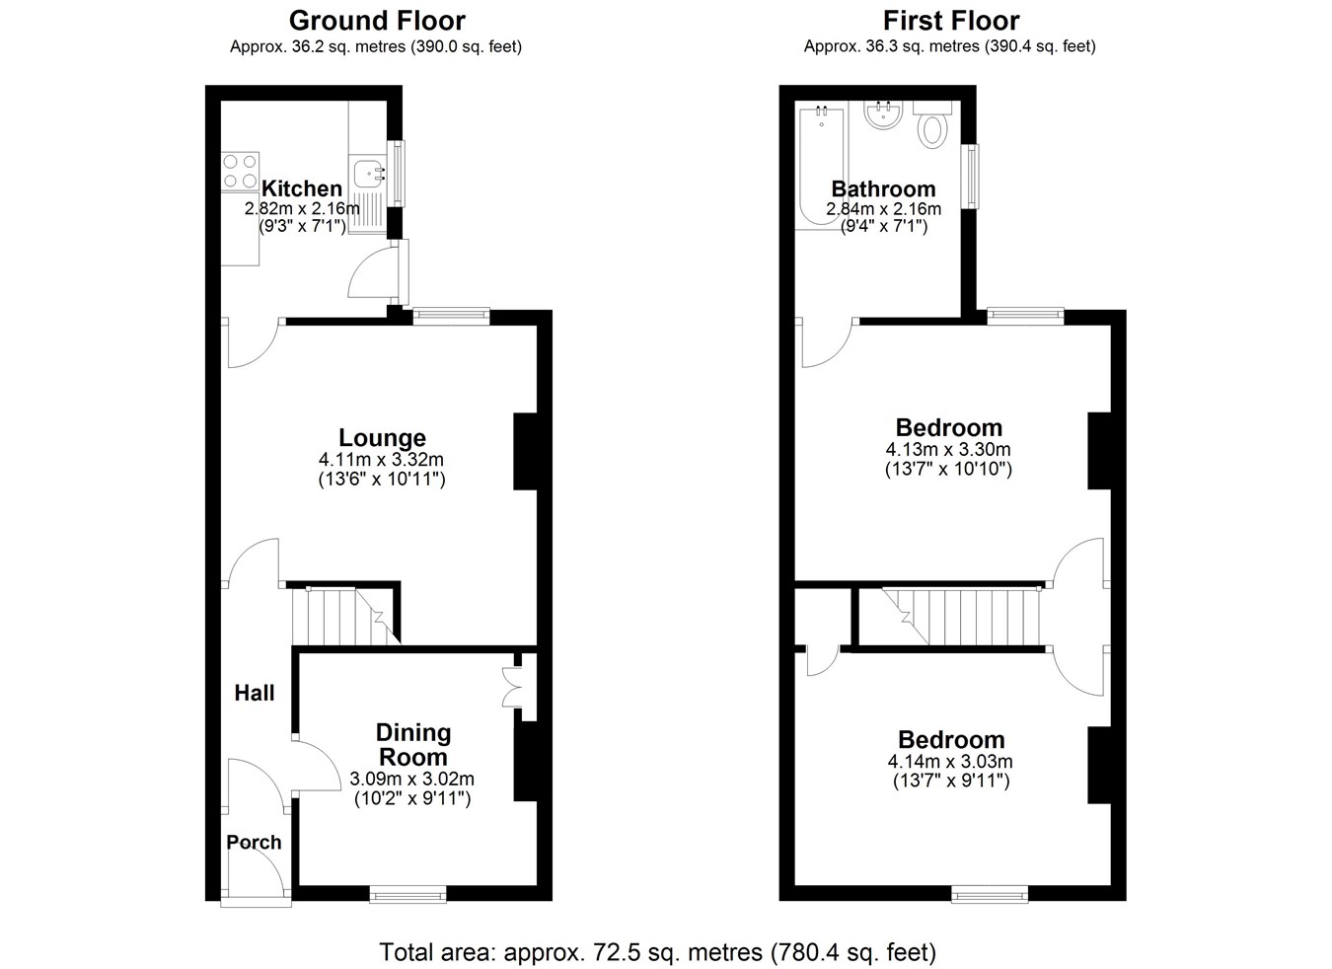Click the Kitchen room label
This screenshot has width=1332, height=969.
[302, 188]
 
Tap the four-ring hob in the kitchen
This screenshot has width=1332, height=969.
[240, 172]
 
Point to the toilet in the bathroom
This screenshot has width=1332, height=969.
[931, 125]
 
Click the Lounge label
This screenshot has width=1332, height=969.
[382, 438]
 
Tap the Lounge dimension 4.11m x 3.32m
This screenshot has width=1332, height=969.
[381, 459]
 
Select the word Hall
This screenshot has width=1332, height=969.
[255, 693]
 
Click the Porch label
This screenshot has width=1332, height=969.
[254, 842]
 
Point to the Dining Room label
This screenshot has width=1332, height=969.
[413, 745]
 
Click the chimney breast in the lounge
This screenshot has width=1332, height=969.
[525, 452]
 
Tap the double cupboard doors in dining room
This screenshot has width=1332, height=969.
[512, 687]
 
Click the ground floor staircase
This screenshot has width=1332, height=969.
[345, 616]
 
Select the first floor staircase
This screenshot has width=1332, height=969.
[962, 617]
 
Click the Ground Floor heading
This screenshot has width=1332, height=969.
[377, 21]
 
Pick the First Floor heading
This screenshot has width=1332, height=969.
[951, 21]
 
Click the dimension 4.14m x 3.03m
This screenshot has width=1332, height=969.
[950, 761]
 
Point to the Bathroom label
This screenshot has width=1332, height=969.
[884, 188]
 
